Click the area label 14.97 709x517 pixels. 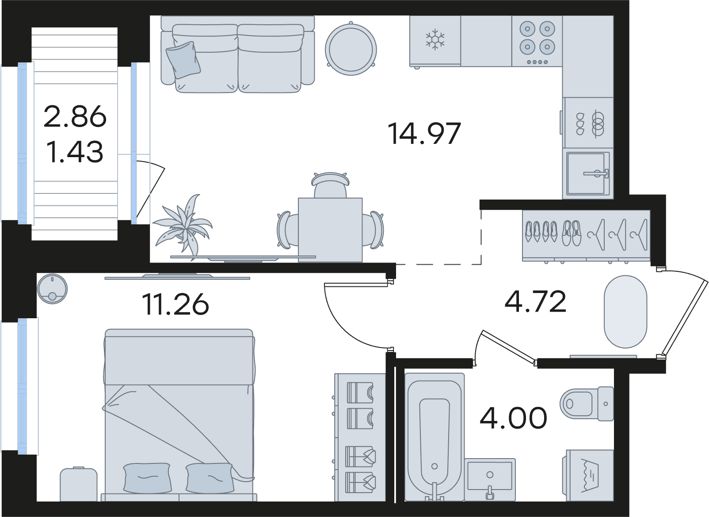[x=424, y=134]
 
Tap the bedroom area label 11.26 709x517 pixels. [x=175, y=304]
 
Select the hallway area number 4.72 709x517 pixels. [x=535, y=301]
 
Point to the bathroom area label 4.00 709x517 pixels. [x=513, y=417]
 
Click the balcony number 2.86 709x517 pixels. [x=75, y=116]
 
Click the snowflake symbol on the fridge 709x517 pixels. [x=435, y=40]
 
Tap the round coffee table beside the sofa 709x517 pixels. [x=351, y=49]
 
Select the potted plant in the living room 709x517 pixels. [x=183, y=227]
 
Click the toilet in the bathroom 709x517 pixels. [x=587, y=404]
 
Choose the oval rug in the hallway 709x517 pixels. [x=625, y=311]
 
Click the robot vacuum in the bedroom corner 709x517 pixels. [x=52, y=289]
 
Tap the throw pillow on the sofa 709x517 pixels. [x=183, y=60]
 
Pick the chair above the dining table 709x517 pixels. [x=330, y=185]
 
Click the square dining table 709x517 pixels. [x=330, y=230]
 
